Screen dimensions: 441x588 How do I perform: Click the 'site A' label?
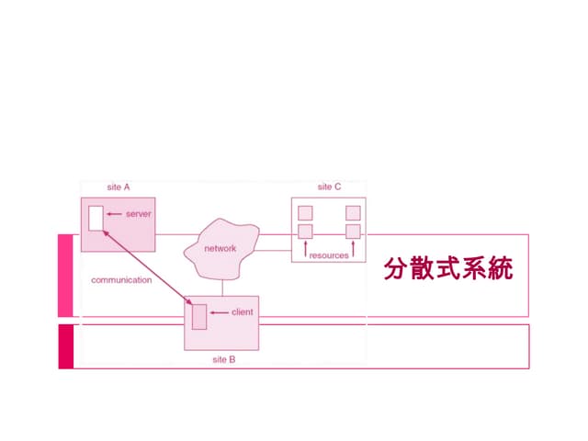coord(119,187)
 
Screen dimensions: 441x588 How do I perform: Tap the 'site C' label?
coord(329,187)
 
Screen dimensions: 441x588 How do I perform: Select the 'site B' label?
coord(224,359)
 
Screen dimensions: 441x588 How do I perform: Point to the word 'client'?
coord(243,312)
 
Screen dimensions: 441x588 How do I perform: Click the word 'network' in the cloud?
coord(220,248)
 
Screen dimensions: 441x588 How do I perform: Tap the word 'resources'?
coord(329,255)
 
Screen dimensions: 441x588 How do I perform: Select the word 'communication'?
coord(121,279)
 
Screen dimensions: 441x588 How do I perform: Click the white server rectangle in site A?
coord(96,219)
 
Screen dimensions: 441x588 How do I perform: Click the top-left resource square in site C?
coord(305,213)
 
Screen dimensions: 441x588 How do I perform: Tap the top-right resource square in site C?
coord(353,213)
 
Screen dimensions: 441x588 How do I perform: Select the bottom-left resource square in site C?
coord(305,231)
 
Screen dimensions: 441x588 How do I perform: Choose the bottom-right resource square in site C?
coord(353,231)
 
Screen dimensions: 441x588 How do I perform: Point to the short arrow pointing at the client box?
coord(219,312)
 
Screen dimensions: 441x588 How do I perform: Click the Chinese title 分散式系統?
coord(447,269)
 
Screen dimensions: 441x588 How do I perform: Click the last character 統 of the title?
coord(500,269)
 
